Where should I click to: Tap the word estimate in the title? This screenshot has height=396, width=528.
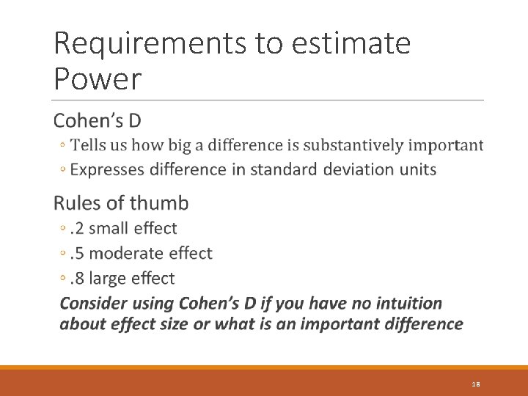coord(351,44)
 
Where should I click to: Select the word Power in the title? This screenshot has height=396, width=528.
coord(97,79)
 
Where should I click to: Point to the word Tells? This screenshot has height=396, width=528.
coord(89,145)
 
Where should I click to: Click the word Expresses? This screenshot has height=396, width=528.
coord(107,169)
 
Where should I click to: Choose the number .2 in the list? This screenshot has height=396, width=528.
coord(77,229)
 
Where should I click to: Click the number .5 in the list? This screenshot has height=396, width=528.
coord(77,254)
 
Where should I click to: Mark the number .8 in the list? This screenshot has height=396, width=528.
coord(77,279)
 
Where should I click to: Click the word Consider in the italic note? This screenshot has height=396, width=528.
coord(93,304)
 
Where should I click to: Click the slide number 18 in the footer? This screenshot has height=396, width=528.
coord(475,384)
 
